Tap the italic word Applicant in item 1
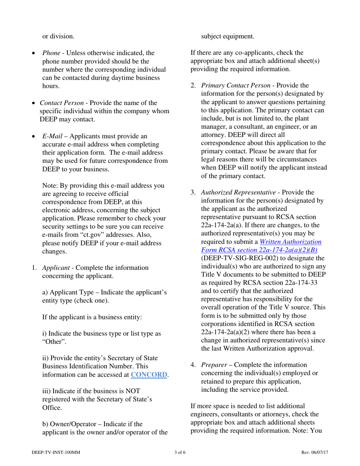pos(55,268)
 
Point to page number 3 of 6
pos(180,452)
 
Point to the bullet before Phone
pos(34,53)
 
